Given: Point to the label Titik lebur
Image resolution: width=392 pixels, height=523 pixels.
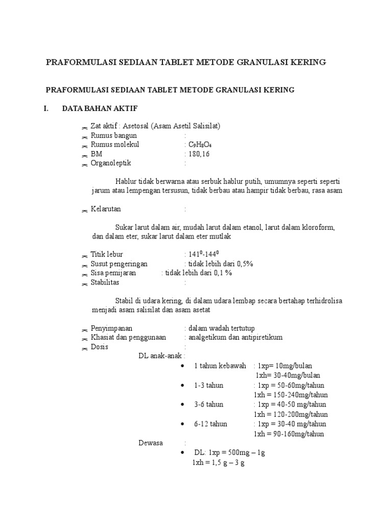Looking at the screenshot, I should pos(107,254).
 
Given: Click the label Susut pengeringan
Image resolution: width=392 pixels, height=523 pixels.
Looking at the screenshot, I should pos(119,264).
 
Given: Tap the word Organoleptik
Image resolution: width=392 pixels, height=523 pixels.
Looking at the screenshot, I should pos(111,163).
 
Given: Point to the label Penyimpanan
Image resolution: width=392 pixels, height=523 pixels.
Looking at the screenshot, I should pos(112,328).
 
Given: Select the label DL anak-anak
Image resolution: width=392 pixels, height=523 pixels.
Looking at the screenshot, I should pos(160,356).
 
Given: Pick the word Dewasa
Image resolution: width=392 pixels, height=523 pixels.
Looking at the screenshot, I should pos(151,443).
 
